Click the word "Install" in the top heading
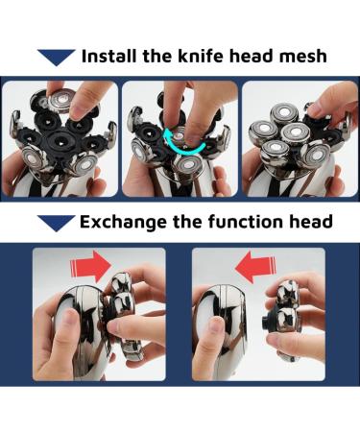pyautogui.click(x=109, y=56)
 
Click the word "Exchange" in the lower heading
pyautogui.click(x=123, y=223)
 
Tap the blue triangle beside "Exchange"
pyautogui.click(x=57, y=223)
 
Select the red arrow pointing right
pyautogui.click(x=90, y=264)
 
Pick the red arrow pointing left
pyautogui.click(x=255, y=266)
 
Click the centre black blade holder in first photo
pyautogui.click(x=60, y=140)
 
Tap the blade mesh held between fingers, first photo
pyautogui.click(x=61, y=100)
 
